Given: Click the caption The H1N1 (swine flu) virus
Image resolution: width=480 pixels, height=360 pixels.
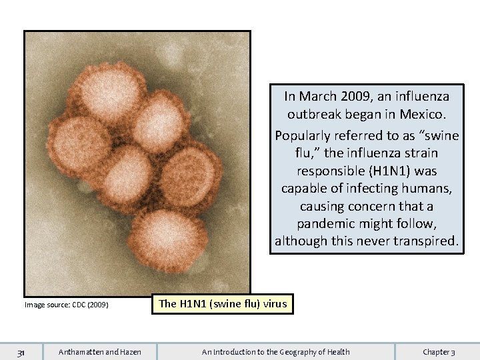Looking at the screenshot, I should pyautogui.click(x=222, y=304).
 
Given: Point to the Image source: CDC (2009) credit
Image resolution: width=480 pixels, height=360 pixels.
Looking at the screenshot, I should pyautogui.click(x=66, y=305).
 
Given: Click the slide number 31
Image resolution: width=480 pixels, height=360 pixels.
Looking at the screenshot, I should pyautogui.click(x=21, y=352).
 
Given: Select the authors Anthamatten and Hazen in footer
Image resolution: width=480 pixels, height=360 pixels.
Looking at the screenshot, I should pyautogui.click(x=100, y=352).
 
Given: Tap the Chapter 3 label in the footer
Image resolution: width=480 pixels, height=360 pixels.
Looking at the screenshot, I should pyautogui.click(x=439, y=352).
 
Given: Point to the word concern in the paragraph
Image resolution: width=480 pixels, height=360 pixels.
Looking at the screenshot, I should pyautogui.click(x=364, y=206).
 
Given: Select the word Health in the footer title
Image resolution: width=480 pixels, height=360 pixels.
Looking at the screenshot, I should pyautogui.click(x=337, y=352).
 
